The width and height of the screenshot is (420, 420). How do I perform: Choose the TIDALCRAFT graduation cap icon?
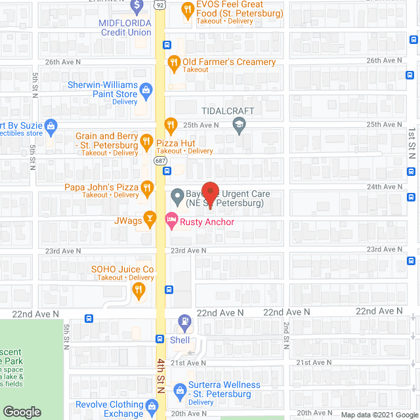tap(239, 125)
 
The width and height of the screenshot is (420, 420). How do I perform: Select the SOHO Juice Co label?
tap(123, 269)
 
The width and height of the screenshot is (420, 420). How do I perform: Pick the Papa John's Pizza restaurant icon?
tap(148, 190)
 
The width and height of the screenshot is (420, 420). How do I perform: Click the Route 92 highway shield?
tap(159, 5)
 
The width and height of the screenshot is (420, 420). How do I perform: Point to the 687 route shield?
tap(159, 159)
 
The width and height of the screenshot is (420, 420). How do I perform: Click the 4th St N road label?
tap(160, 375)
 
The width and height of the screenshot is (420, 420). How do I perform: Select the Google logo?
tap(22, 412)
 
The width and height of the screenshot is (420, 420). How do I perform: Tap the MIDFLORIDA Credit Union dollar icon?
tap(136, 7)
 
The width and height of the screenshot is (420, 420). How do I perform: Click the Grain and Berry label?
tap(108, 140)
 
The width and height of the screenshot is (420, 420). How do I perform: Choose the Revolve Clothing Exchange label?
tap(109, 409)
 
